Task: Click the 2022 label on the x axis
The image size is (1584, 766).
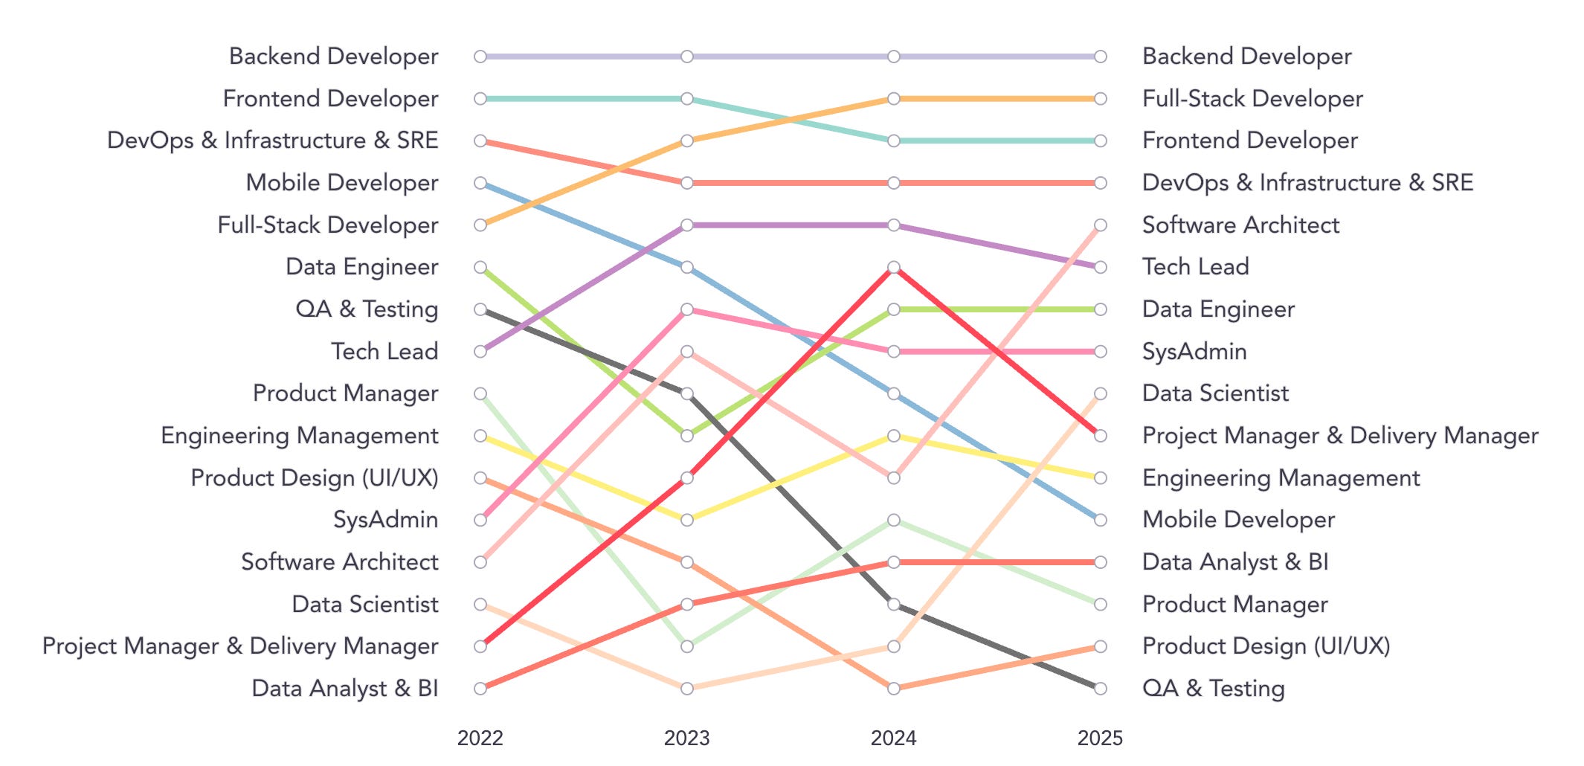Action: pyautogui.click(x=480, y=738)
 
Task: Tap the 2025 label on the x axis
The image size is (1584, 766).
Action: pyautogui.click(x=1100, y=738)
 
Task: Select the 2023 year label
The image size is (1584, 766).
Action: pyautogui.click(x=686, y=738)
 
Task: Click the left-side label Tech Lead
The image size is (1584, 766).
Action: pyautogui.click(x=384, y=351)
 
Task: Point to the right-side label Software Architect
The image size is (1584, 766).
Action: pyautogui.click(x=1240, y=225)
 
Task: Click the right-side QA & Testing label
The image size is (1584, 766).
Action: pyautogui.click(x=1213, y=688)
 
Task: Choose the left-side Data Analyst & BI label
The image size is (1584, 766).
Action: pyautogui.click(x=344, y=688)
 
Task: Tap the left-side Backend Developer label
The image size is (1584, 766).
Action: pyautogui.click(x=333, y=57)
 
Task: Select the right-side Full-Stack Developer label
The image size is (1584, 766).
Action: pyautogui.click(x=1252, y=98)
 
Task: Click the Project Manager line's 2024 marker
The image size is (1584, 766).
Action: pyautogui.click(x=894, y=267)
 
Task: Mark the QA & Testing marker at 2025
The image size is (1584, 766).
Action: pyautogui.click(x=1101, y=688)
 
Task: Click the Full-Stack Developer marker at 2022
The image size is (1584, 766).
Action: pyautogui.click(x=480, y=225)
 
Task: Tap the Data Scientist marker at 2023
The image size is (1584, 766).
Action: pyautogui.click(x=687, y=688)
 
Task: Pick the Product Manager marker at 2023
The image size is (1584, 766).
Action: pyautogui.click(x=687, y=646)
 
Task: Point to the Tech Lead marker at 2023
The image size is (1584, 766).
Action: pyautogui.click(x=687, y=225)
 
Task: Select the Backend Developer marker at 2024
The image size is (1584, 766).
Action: pyautogui.click(x=894, y=57)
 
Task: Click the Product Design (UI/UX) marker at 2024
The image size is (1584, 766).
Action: pyautogui.click(x=894, y=688)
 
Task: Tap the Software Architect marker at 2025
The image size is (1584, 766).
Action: pyautogui.click(x=1101, y=225)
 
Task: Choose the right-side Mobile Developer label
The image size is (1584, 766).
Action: pyautogui.click(x=1238, y=520)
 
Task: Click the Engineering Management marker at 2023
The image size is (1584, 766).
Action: pyautogui.click(x=687, y=520)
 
